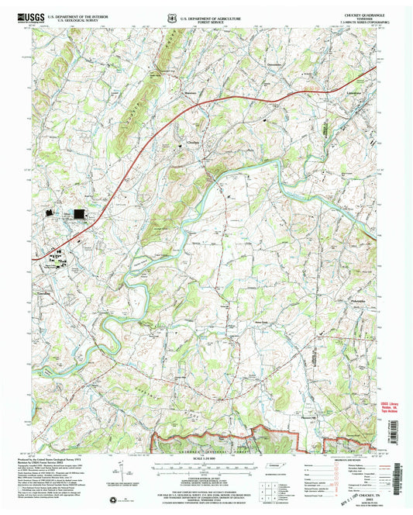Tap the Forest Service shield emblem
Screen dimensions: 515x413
click(x=172, y=16)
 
